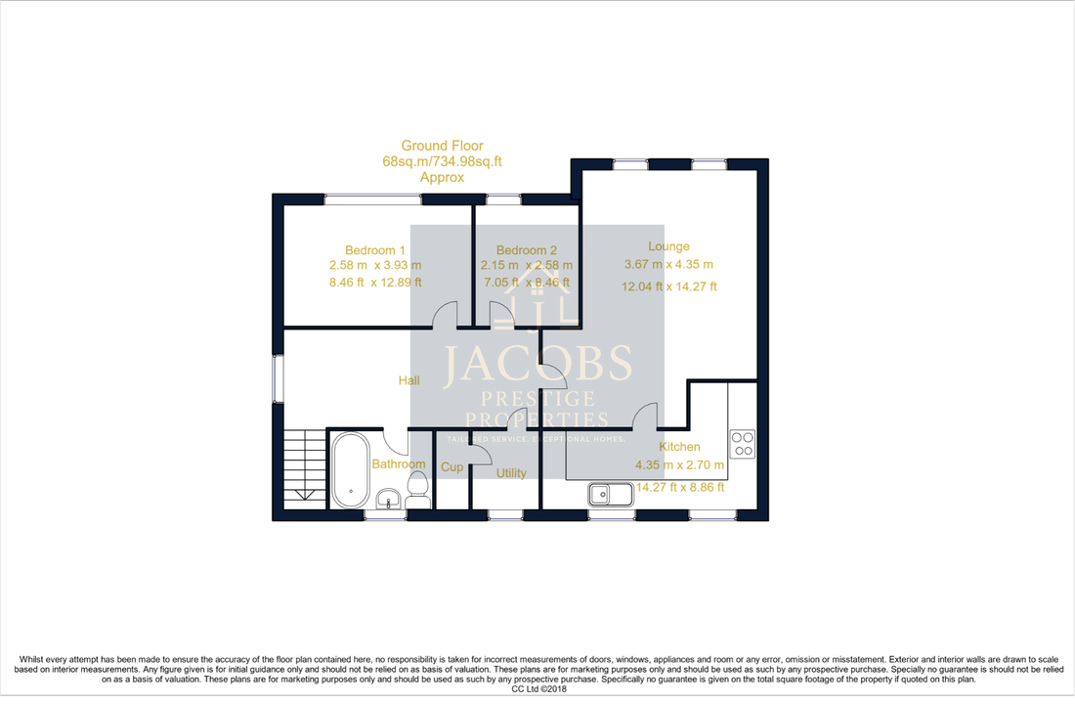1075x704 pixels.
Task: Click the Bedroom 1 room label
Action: click(x=375, y=249)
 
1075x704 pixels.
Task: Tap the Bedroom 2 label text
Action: click(x=526, y=249)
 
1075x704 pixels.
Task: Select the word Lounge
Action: click(x=668, y=246)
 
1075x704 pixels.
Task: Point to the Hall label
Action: click(x=408, y=380)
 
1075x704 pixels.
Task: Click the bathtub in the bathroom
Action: click(x=348, y=468)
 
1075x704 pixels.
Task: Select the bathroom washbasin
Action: click(x=388, y=498)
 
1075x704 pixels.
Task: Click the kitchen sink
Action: click(x=612, y=494)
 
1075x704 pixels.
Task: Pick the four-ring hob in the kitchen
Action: click(x=743, y=444)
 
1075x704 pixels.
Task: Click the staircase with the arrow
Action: click(x=303, y=467)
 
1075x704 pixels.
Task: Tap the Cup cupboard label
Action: click(x=451, y=467)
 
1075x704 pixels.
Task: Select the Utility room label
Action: click(x=510, y=473)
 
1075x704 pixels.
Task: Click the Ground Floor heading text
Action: click(x=442, y=146)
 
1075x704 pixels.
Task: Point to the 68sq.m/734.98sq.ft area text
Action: click(x=442, y=162)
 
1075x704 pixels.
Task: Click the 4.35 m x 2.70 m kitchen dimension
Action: click(x=679, y=465)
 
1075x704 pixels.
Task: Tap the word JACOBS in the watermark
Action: click(x=537, y=364)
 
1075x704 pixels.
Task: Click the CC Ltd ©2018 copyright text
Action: click(x=537, y=688)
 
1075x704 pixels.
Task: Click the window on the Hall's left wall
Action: click(x=277, y=377)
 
